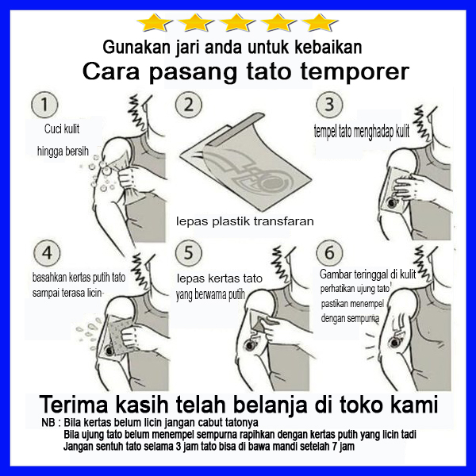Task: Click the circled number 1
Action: pyautogui.click(x=44, y=105)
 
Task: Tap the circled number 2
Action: pyautogui.click(x=189, y=105)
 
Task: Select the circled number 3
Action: pyautogui.click(x=329, y=105)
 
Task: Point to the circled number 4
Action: pyautogui.click(x=47, y=253)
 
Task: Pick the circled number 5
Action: pyautogui.click(x=189, y=253)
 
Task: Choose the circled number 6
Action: pyautogui.click(x=329, y=253)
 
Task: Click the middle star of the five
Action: pyautogui.click(x=236, y=22)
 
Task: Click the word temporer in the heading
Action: pyautogui.click(x=355, y=72)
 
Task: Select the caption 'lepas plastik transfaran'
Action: pyautogui.click(x=245, y=221)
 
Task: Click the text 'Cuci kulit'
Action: pyautogui.click(x=62, y=129)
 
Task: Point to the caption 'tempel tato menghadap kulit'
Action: pyautogui.click(x=362, y=132)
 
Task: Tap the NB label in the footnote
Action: pyautogui.click(x=48, y=423)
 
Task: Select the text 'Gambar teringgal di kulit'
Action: pyautogui.click(x=367, y=274)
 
